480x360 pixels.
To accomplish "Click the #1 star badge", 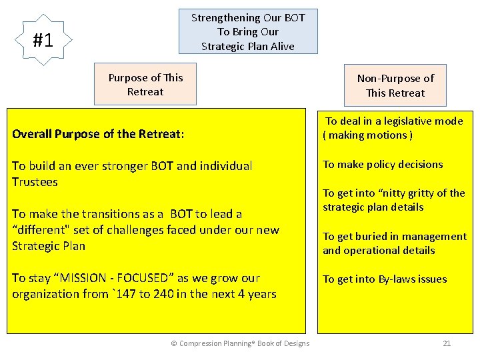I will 43,41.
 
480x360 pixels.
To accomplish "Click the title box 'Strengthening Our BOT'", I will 248,31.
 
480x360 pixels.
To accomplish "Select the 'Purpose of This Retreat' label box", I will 145,85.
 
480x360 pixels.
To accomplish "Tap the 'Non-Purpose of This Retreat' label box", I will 395,85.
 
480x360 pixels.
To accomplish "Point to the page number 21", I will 447,343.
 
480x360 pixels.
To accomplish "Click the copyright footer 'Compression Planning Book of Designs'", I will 240,343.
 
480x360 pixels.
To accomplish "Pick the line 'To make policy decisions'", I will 383,164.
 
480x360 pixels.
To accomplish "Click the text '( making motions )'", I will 367,135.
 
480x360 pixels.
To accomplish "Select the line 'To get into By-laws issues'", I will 385,279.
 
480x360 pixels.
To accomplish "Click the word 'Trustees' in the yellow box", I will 35,182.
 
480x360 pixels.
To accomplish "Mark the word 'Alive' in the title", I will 280,46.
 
